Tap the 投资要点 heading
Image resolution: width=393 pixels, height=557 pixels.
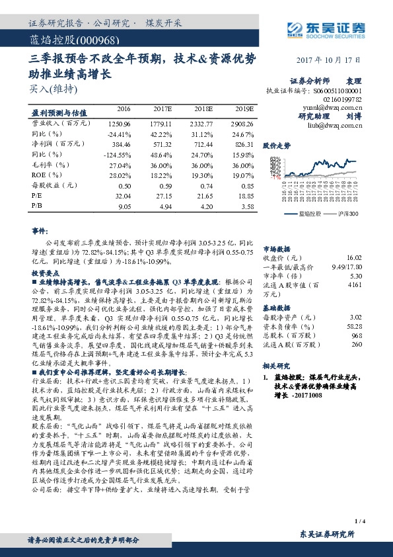(x=45, y=273)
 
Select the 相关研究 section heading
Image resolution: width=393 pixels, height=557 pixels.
(x=277, y=365)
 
